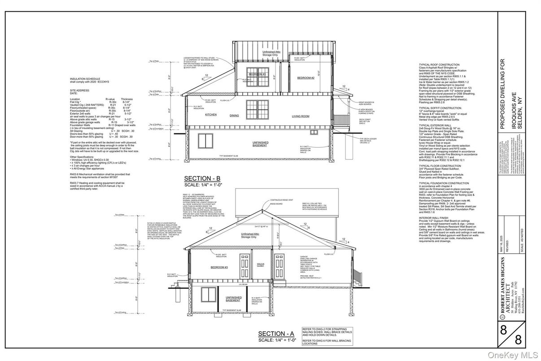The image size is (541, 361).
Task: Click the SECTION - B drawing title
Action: [202, 178]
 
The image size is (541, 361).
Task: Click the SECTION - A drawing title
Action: [276, 334]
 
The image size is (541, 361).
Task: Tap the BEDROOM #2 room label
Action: [306, 78]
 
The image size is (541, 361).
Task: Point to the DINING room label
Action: [235, 116]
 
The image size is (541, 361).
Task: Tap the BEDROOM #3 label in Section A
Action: [220, 267]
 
